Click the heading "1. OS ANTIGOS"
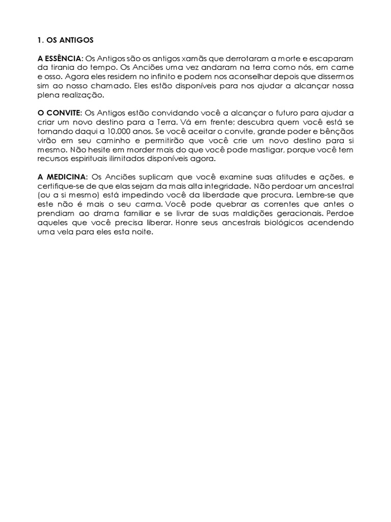(x=66, y=39)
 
